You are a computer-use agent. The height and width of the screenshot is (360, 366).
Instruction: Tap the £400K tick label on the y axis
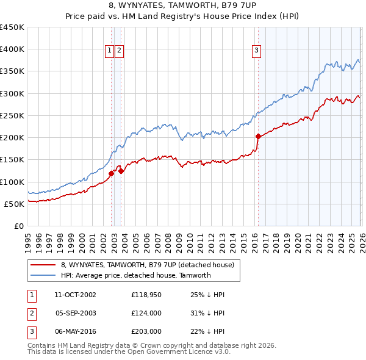pos(12,49)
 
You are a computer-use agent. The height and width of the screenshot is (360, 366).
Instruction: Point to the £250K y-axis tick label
pos(12,115)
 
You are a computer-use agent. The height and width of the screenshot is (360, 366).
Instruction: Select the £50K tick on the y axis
pos(15,204)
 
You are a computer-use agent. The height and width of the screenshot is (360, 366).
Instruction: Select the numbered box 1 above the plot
pos(109,51)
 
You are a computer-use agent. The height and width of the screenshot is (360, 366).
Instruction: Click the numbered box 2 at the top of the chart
pos(119,51)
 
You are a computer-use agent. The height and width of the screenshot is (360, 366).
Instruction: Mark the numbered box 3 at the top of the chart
pos(256,51)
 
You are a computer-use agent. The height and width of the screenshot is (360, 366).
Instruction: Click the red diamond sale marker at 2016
pos(258,136)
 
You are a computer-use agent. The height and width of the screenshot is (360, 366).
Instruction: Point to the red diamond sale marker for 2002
pos(111,173)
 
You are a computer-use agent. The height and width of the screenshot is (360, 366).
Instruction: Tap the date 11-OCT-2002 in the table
pos(75,295)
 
